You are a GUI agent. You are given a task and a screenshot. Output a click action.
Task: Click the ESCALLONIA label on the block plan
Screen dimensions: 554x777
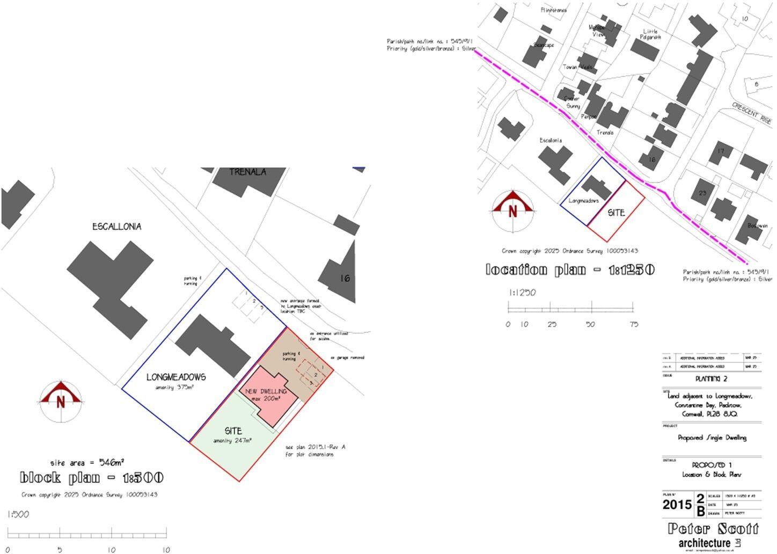coord(116,227)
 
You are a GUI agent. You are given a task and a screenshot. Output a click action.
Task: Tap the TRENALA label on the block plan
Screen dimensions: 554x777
coord(247,172)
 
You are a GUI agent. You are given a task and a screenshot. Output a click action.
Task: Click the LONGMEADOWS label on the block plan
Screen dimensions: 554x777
coord(176,377)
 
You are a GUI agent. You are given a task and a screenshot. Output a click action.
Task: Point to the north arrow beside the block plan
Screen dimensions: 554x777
coord(61,400)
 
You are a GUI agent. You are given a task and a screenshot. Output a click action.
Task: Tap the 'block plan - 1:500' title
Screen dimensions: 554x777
coord(92,477)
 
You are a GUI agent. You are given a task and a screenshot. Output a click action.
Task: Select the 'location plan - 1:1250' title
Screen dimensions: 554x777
coord(570,269)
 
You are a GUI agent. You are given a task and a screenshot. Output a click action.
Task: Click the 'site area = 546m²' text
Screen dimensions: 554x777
coord(87,462)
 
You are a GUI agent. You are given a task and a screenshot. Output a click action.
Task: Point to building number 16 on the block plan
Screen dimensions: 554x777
coord(344,278)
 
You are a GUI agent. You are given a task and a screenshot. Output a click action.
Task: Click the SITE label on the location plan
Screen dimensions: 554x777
coord(617,213)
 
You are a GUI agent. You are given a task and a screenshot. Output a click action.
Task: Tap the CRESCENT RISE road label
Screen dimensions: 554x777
coord(752,113)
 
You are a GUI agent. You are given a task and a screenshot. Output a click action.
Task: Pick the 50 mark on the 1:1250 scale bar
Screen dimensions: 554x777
coord(591,324)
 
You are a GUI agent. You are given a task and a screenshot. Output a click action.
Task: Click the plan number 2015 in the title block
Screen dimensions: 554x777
coord(677,505)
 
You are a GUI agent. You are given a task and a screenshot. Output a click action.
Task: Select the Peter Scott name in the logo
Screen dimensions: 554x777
coord(713,529)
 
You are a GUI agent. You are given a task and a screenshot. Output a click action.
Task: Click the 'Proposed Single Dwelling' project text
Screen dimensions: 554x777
coord(712,438)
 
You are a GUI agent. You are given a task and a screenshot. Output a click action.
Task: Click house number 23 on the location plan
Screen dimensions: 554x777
coord(703,193)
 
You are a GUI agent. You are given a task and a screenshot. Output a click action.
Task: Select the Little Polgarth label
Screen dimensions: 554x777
coord(650,34)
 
